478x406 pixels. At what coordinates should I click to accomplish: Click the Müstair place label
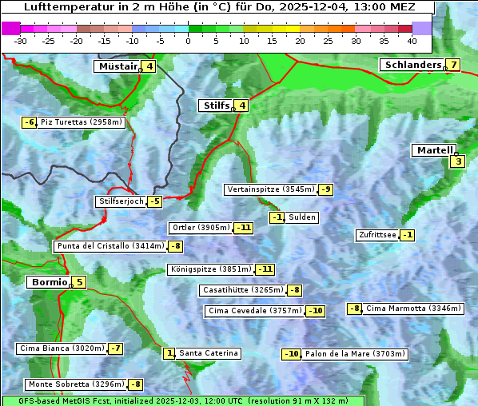[x=117, y=66]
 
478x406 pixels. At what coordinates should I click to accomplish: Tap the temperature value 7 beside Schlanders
[x=453, y=65]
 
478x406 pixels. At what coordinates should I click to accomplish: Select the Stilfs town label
[x=215, y=105]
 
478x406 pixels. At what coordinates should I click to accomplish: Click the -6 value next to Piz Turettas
[x=29, y=122]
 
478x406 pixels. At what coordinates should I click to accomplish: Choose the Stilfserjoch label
[x=121, y=201]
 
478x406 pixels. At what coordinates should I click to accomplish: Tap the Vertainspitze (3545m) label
[x=270, y=189]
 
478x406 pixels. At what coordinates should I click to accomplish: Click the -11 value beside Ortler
[x=244, y=228]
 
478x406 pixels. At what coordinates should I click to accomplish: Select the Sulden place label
[x=302, y=217]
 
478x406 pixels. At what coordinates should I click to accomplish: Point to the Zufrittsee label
[x=377, y=235]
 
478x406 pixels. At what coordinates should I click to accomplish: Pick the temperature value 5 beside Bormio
[x=79, y=282]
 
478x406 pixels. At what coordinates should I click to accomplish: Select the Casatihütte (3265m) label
[x=242, y=290]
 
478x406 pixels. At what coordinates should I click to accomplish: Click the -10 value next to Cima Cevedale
[x=316, y=311]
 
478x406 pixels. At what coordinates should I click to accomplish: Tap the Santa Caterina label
[x=208, y=353]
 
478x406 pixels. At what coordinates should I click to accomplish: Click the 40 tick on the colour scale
[x=412, y=41]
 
